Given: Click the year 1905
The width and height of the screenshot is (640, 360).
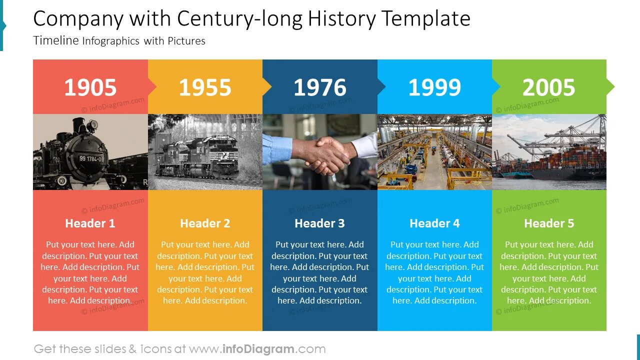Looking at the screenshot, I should pos(90,87).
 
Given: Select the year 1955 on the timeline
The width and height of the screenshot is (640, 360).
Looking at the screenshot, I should pos(205,87).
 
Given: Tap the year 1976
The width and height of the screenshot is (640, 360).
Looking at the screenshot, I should pos(319,87).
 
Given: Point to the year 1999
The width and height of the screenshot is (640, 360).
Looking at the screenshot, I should pos(434,87).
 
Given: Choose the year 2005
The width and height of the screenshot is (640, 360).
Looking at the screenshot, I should pos(548,87).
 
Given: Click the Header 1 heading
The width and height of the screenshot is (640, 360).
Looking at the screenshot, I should pos(90,223).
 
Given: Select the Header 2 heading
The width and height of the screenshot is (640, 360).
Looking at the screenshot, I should pos(205,223).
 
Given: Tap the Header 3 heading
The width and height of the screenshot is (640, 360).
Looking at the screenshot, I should pos(319,223).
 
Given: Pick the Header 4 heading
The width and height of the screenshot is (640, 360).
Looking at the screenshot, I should pos(434,223).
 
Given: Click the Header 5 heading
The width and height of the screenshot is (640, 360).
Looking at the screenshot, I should pos(549,223).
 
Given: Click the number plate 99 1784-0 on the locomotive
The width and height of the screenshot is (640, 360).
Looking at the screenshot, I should pos(90,159).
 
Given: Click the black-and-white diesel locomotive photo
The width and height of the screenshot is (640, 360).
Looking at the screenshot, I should pos(205,152).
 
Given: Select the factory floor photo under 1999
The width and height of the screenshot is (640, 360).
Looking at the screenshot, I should pos(434,152).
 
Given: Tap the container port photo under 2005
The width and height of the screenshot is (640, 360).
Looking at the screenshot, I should pos(549,152).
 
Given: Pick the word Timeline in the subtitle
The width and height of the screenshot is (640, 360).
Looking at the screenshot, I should pos(56,40).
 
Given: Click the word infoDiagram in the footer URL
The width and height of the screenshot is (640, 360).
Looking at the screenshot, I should pos(257,349).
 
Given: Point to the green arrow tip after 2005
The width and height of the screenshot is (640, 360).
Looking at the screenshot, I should pos(610,87).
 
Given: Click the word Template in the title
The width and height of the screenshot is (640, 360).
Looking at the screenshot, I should pos(425,19).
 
